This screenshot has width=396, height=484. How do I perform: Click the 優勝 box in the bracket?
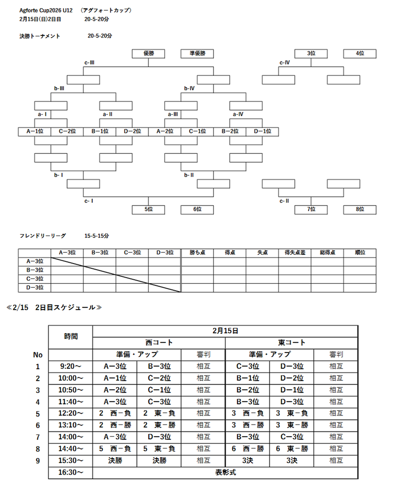tap(149, 54)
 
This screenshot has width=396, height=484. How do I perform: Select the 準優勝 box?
tap(197, 54)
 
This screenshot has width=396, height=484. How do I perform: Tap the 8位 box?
tap(360, 209)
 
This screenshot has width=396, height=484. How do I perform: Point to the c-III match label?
tap(90, 63)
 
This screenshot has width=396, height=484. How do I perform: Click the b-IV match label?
tap(189, 88)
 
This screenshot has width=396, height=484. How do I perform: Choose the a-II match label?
tap(108, 114)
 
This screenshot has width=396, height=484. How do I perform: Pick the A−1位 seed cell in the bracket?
tap(35, 131)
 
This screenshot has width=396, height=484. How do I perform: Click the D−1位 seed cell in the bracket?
tap(262, 131)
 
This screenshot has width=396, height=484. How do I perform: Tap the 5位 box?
tap(149, 209)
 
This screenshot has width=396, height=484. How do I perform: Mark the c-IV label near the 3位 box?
tap(285, 63)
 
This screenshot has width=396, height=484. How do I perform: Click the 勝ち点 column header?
tap(197, 253)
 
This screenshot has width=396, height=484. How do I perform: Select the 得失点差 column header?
tap(295, 253)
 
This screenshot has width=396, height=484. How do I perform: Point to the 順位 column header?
tap(360, 253)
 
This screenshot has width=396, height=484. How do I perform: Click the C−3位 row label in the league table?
tap(35, 279)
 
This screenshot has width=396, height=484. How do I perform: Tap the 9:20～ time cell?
tap(71, 367)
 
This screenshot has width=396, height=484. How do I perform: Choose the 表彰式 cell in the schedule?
tap(226, 473)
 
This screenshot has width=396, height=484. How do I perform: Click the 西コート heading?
tap(159, 343)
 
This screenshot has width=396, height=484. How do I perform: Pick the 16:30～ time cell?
tap(71, 473)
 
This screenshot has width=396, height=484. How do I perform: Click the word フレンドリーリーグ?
tap(43, 236)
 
